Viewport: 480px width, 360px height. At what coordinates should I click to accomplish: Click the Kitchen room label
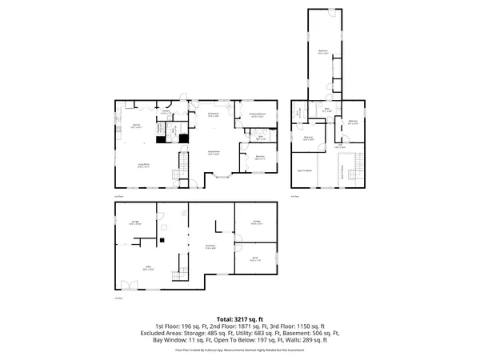[x=137, y=126]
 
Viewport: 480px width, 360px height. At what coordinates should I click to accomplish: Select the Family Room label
[x=215, y=153]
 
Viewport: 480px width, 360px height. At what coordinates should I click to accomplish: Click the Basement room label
[x=210, y=246]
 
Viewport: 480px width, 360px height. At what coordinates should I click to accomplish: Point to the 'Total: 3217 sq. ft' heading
[x=240, y=318]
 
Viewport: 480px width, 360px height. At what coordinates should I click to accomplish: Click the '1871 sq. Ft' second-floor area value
[x=239, y=326]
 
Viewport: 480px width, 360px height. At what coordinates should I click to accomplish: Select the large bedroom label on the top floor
[x=323, y=51]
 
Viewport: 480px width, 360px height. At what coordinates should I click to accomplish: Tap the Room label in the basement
[x=255, y=259]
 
